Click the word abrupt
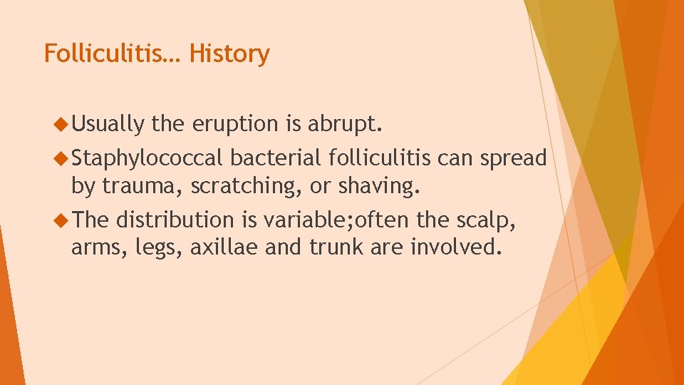click(x=346, y=125)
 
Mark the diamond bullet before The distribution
click(x=61, y=221)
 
